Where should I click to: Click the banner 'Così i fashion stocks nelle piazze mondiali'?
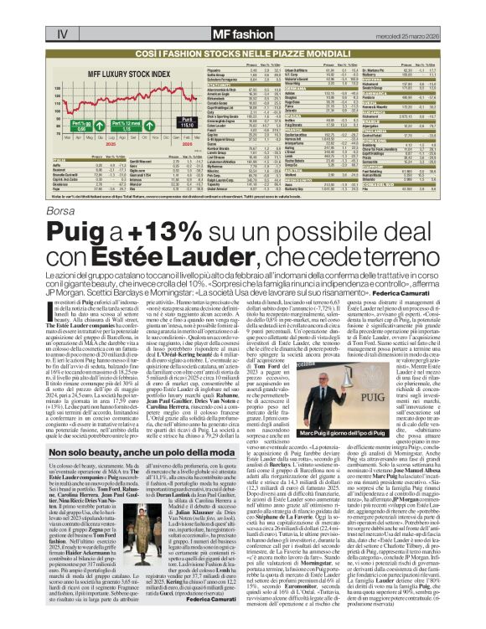[x=243, y=52]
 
